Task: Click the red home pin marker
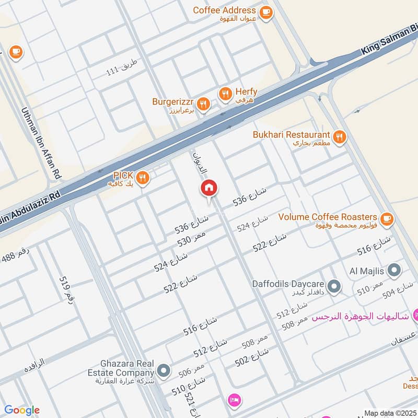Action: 209,188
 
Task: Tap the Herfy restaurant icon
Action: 225,94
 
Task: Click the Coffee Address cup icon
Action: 266,12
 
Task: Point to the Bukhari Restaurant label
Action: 291,135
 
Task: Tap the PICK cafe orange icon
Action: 143,178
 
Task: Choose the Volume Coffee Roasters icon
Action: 387,218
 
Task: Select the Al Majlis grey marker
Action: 395,271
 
